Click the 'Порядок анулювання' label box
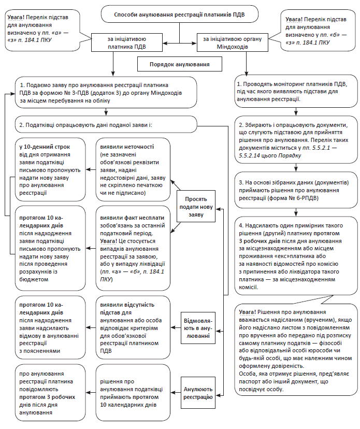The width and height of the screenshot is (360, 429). click(x=179, y=64)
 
